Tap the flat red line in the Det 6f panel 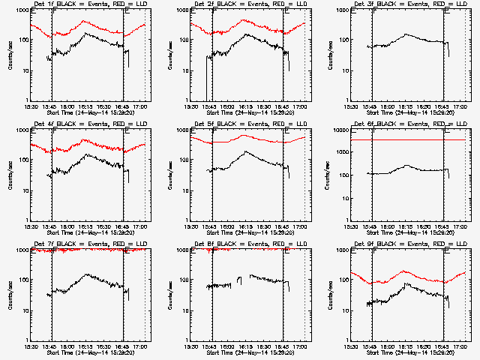click(x=405, y=139)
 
